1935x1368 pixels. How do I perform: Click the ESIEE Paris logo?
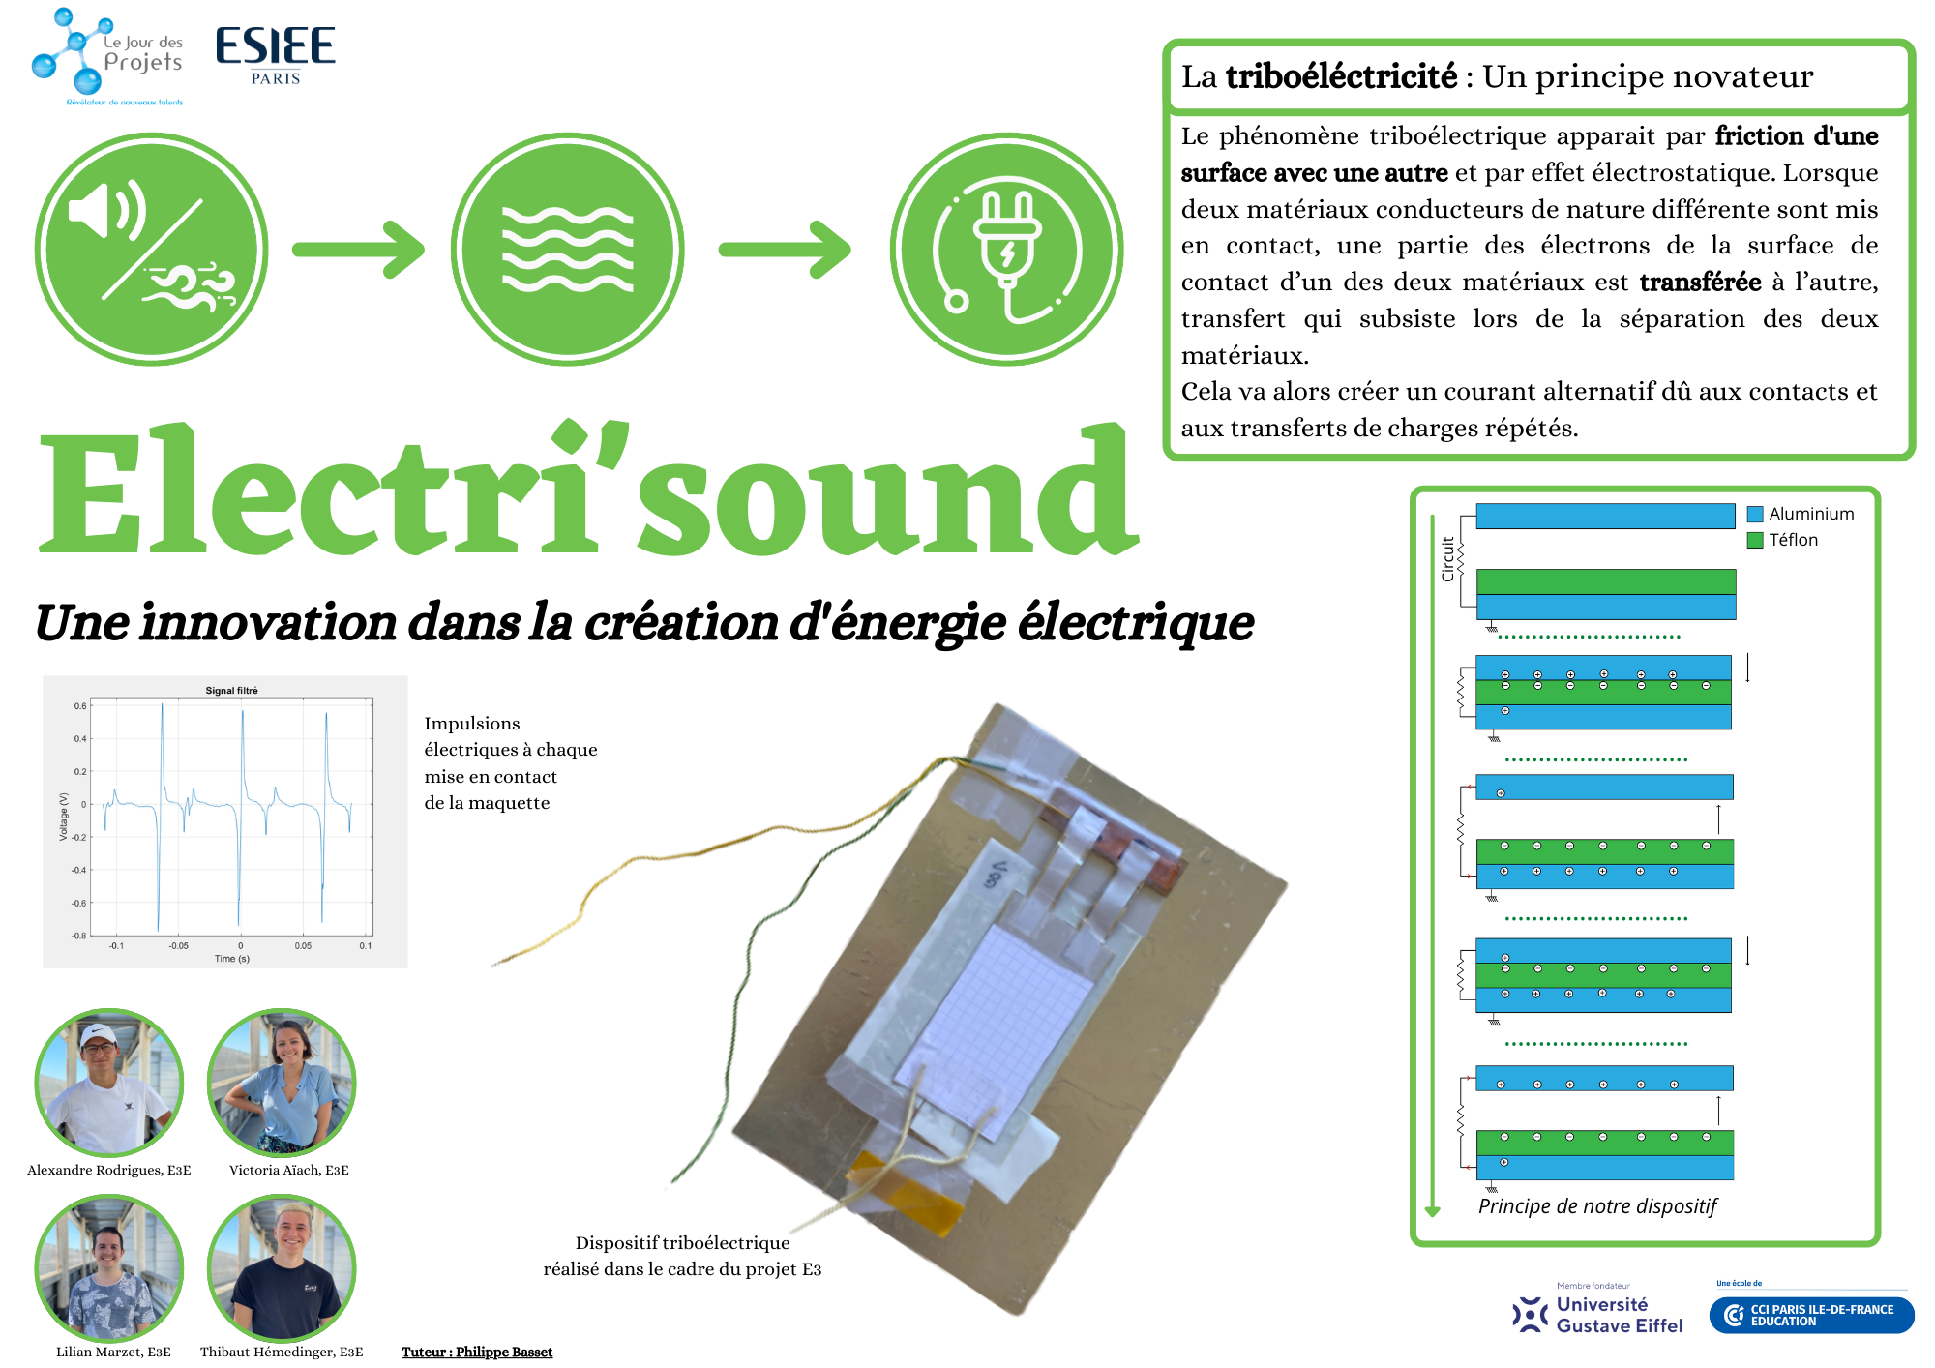276,56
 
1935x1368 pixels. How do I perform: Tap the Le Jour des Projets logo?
107,56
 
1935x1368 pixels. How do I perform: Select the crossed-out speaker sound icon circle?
151,250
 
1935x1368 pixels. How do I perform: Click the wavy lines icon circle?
567,250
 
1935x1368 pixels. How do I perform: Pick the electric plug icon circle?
1006,250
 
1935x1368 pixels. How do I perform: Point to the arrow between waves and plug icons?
785,250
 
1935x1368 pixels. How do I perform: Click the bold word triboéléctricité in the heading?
1341,76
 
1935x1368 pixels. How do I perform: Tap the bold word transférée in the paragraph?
1700,283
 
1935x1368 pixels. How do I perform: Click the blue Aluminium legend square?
1755,514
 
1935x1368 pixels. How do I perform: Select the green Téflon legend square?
1755,540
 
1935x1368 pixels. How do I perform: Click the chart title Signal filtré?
231,691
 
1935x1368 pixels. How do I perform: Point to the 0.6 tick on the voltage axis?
80,706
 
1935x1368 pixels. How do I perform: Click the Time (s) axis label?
232,959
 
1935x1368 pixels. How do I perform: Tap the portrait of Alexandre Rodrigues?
108,1083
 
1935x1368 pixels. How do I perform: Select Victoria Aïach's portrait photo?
282,1083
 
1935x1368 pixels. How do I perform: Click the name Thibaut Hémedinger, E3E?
282,1352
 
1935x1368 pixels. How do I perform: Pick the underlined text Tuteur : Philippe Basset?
477,1352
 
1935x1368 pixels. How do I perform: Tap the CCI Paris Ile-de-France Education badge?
1811,1315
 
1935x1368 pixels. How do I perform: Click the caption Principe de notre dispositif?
1597,1206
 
